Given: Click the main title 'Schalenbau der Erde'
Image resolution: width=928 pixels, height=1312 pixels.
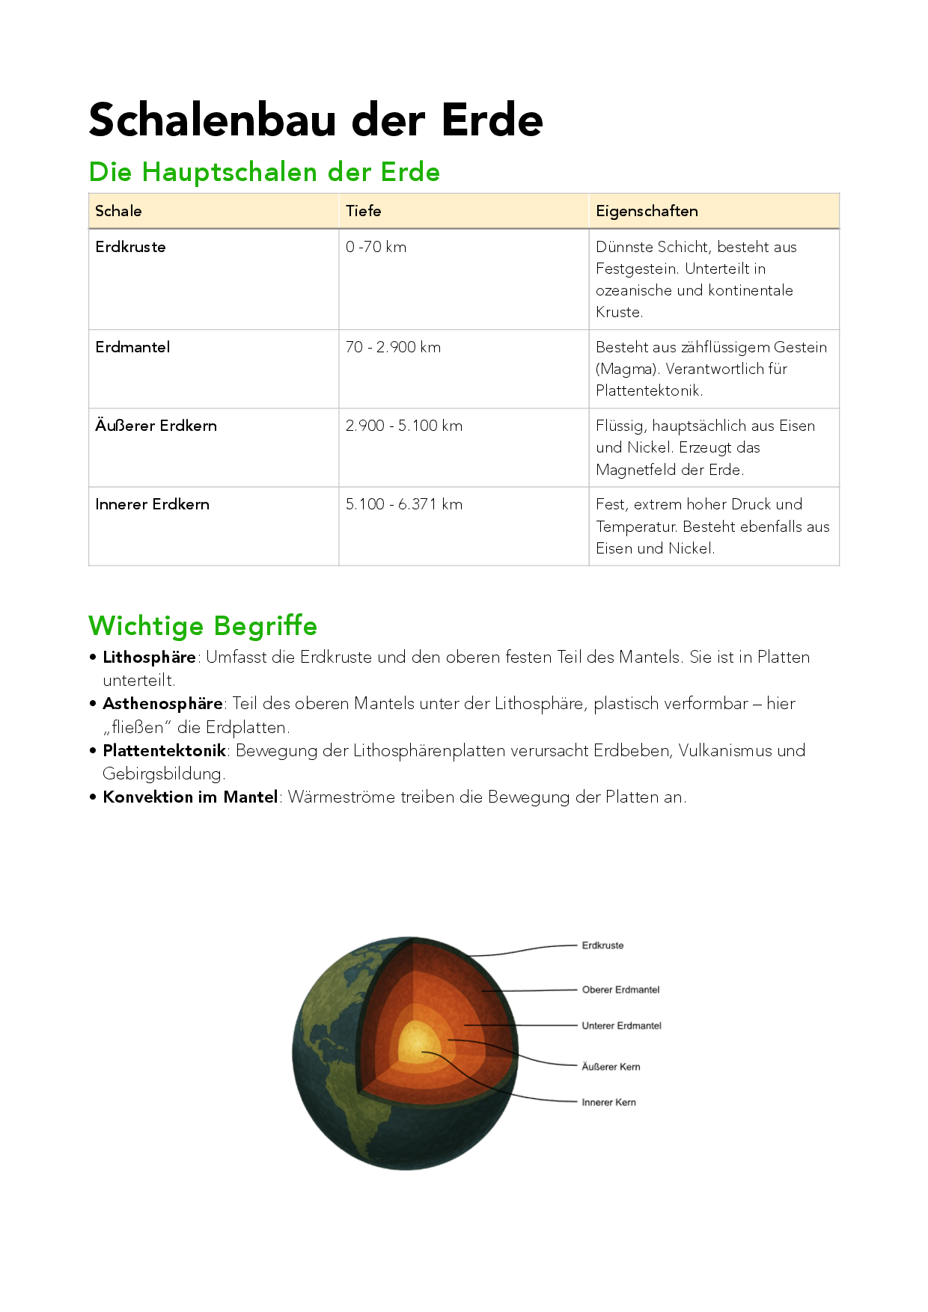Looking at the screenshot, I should click(x=316, y=120).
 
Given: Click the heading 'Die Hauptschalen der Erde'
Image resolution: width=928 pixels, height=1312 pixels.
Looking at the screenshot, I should click(x=264, y=172).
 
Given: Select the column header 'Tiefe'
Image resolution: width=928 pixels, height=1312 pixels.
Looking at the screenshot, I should click(x=363, y=211).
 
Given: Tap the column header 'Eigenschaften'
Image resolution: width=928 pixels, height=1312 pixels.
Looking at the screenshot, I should click(x=647, y=211).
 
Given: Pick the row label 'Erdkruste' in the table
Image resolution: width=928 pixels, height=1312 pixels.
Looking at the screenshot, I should click(x=130, y=247).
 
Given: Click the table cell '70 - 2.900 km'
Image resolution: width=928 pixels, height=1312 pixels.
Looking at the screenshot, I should click(x=393, y=347).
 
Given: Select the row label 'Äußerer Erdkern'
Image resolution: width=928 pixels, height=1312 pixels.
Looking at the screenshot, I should click(x=156, y=426).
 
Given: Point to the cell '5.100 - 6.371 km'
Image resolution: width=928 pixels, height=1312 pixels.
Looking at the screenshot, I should click(x=404, y=504).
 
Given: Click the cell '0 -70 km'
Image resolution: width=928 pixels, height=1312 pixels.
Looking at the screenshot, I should click(x=376, y=247).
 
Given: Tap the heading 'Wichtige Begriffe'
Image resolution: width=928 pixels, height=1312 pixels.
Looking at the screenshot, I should click(x=203, y=625).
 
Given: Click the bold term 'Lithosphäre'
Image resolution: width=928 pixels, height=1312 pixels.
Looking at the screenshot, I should click(x=149, y=657).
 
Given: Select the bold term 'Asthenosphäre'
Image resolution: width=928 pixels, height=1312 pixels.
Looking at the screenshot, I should click(x=162, y=704).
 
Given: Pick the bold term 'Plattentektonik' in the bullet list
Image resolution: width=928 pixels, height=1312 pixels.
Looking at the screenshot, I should click(x=164, y=750).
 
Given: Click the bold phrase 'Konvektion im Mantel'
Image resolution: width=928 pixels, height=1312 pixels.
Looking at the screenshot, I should click(x=190, y=797).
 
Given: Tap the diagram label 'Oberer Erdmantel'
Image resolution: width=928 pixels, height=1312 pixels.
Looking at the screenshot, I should click(x=620, y=990).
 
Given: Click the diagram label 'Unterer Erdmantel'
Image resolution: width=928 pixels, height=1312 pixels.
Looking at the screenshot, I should click(x=621, y=1026).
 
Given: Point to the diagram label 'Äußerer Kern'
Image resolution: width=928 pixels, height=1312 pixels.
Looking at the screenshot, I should click(x=611, y=1067).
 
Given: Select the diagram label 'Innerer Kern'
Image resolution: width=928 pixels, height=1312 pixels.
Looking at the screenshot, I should click(x=608, y=1102).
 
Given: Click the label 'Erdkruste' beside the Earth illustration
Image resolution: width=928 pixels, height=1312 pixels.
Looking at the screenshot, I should click(x=602, y=945).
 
